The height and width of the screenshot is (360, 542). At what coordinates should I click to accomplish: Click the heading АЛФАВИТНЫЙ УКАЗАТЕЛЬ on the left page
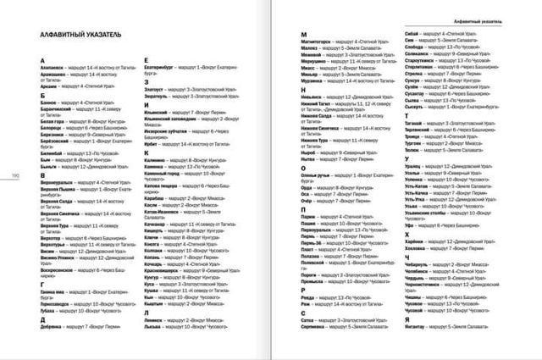76,36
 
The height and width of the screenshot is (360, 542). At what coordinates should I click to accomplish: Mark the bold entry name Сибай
403,42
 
